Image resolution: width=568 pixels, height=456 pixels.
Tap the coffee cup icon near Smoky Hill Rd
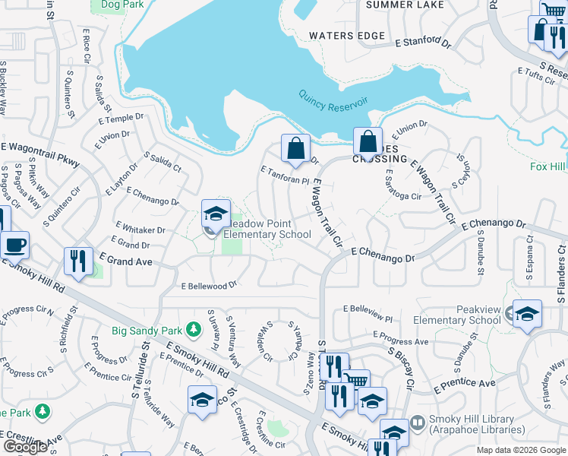click(14, 245)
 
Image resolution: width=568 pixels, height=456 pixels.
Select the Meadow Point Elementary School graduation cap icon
click(216, 214)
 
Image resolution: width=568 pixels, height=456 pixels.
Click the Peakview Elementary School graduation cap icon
click(527, 313)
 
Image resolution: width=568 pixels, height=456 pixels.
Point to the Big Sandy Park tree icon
click(194, 329)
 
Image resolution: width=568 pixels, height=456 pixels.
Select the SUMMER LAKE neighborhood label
click(405, 5)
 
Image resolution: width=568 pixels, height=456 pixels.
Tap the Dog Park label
click(112, 4)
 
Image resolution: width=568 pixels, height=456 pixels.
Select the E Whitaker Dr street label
click(140, 229)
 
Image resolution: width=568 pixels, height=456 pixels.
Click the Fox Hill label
click(548, 166)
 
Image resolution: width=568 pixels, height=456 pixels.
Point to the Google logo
click(26, 447)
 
